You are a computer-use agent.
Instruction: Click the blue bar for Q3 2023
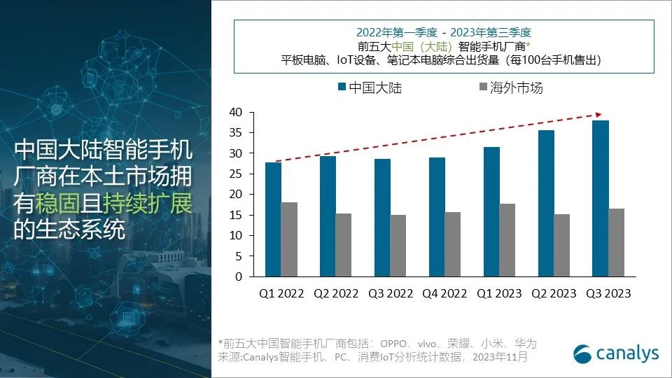pyautogui.click(x=601, y=199)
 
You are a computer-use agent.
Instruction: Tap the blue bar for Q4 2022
pyautogui.click(x=437, y=217)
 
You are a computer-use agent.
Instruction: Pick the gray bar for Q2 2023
pyautogui.click(x=562, y=245)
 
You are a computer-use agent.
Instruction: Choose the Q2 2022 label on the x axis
pyautogui.click(x=335, y=294)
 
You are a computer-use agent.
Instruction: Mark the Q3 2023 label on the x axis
pyautogui.click(x=608, y=294)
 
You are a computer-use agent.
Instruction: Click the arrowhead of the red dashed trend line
pyautogui.click(x=599, y=114)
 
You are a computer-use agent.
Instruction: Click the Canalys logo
pyautogui.click(x=616, y=353)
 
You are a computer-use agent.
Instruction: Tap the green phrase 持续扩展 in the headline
pyautogui.click(x=147, y=204)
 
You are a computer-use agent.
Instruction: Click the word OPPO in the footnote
pyautogui.click(x=395, y=344)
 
